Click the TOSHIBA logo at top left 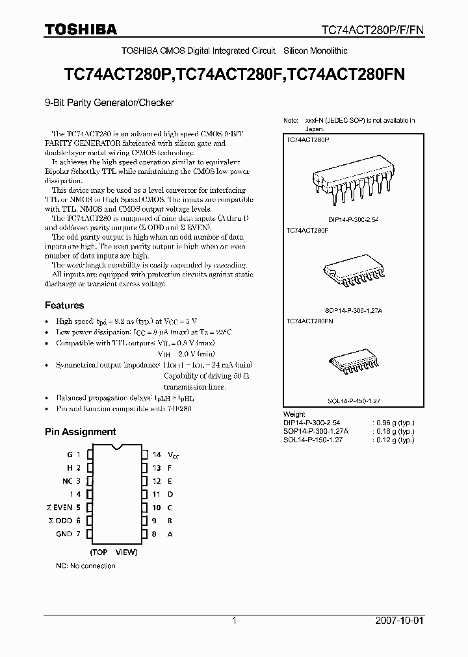click(x=81, y=29)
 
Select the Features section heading click(x=64, y=305)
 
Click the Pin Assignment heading click(x=80, y=431)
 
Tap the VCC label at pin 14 click(x=172, y=455)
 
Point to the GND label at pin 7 click(x=64, y=534)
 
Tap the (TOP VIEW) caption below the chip click(x=114, y=552)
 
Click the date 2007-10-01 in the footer click(x=400, y=621)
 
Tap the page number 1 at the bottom click(x=234, y=621)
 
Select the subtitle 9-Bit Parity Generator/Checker click(x=109, y=102)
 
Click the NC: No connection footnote click(x=85, y=566)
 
